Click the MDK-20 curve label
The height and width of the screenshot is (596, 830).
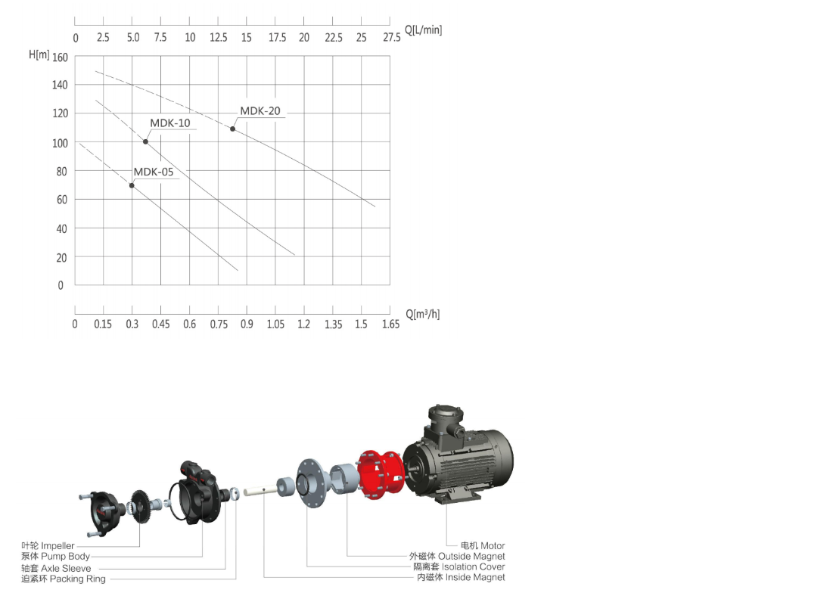coord(260,111)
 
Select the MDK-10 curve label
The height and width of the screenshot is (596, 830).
coord(170,123)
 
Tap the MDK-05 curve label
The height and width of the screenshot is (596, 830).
coord(154,172)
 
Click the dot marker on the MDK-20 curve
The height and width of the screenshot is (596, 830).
coord(232,129)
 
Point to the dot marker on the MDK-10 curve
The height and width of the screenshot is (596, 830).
coord(145,141)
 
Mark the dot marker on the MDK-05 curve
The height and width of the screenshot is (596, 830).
coord(132,185)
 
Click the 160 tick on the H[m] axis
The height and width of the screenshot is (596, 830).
coord(60,57)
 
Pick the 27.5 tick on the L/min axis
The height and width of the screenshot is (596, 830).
coord(392,37)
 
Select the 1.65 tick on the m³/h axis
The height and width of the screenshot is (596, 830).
coord(390,324)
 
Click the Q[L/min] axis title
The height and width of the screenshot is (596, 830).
coord(424,29)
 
